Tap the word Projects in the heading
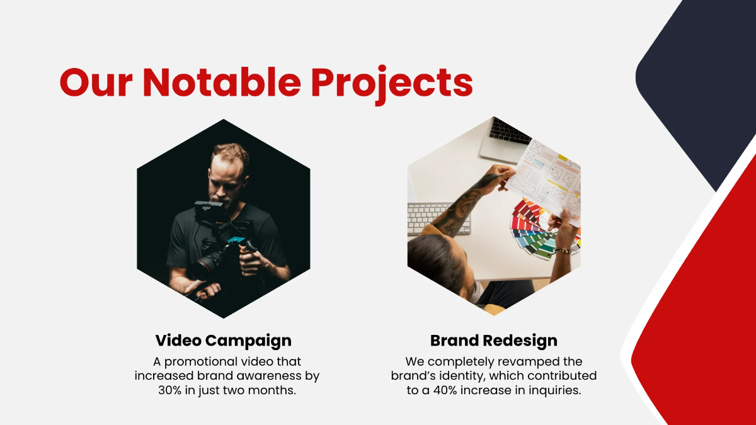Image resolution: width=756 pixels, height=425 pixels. (x=391, y=83)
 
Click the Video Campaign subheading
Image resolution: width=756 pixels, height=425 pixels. (x=224, y=341)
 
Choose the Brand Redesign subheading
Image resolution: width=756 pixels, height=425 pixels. (x=494, y=341)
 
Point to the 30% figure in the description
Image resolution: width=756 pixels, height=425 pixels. (x=171, y=390)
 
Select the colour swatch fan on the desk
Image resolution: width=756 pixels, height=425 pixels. (x=535, y=230)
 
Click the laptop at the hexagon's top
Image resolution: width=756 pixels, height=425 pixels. (x=504, y=139)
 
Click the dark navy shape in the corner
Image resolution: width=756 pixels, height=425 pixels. (x=699, y=76)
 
